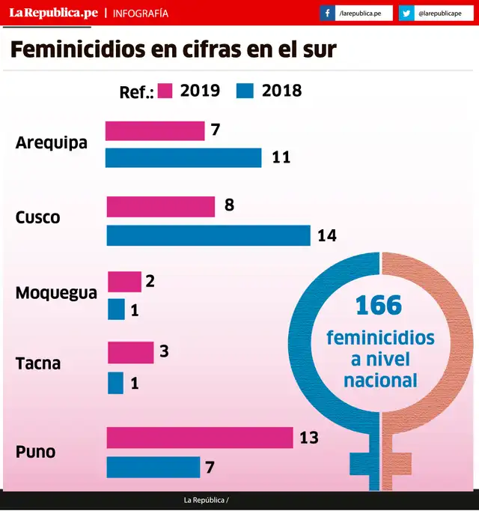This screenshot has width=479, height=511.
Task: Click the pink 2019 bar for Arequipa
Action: click(x=154, y=131)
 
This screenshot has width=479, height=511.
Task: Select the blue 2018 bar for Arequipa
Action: click(x=183, y=157)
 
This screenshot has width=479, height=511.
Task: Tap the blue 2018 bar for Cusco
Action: click(x=208, y=235)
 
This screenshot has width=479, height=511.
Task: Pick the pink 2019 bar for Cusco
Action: click(x=160, y=206)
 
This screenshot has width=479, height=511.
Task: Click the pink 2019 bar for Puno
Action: click(x=199, y=438)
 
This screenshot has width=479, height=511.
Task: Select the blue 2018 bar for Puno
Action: click(x=153, y=467)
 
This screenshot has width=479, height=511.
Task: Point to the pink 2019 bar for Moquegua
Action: click(x=124, y=282)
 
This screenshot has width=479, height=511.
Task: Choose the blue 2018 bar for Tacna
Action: click(x=115, y=383)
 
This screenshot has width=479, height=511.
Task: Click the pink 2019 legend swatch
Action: click(x=165, y=91)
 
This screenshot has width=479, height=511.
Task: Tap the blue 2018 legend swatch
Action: click(x=245, y=91)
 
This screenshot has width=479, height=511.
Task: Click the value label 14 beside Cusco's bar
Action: click(x=327, y=235)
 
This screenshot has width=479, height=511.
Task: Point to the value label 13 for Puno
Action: click(x=309, y=438)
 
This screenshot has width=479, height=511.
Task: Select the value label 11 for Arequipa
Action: click(x=281, y=157)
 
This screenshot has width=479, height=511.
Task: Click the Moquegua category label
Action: click(x=56, y=293)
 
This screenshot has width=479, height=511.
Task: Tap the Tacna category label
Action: click(x=38, y=364)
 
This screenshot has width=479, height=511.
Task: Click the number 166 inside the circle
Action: click(x=379, y=306)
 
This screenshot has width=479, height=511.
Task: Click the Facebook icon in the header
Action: click(x=328, y=13)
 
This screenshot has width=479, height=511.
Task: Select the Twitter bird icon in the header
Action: click(x=406, y=13)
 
